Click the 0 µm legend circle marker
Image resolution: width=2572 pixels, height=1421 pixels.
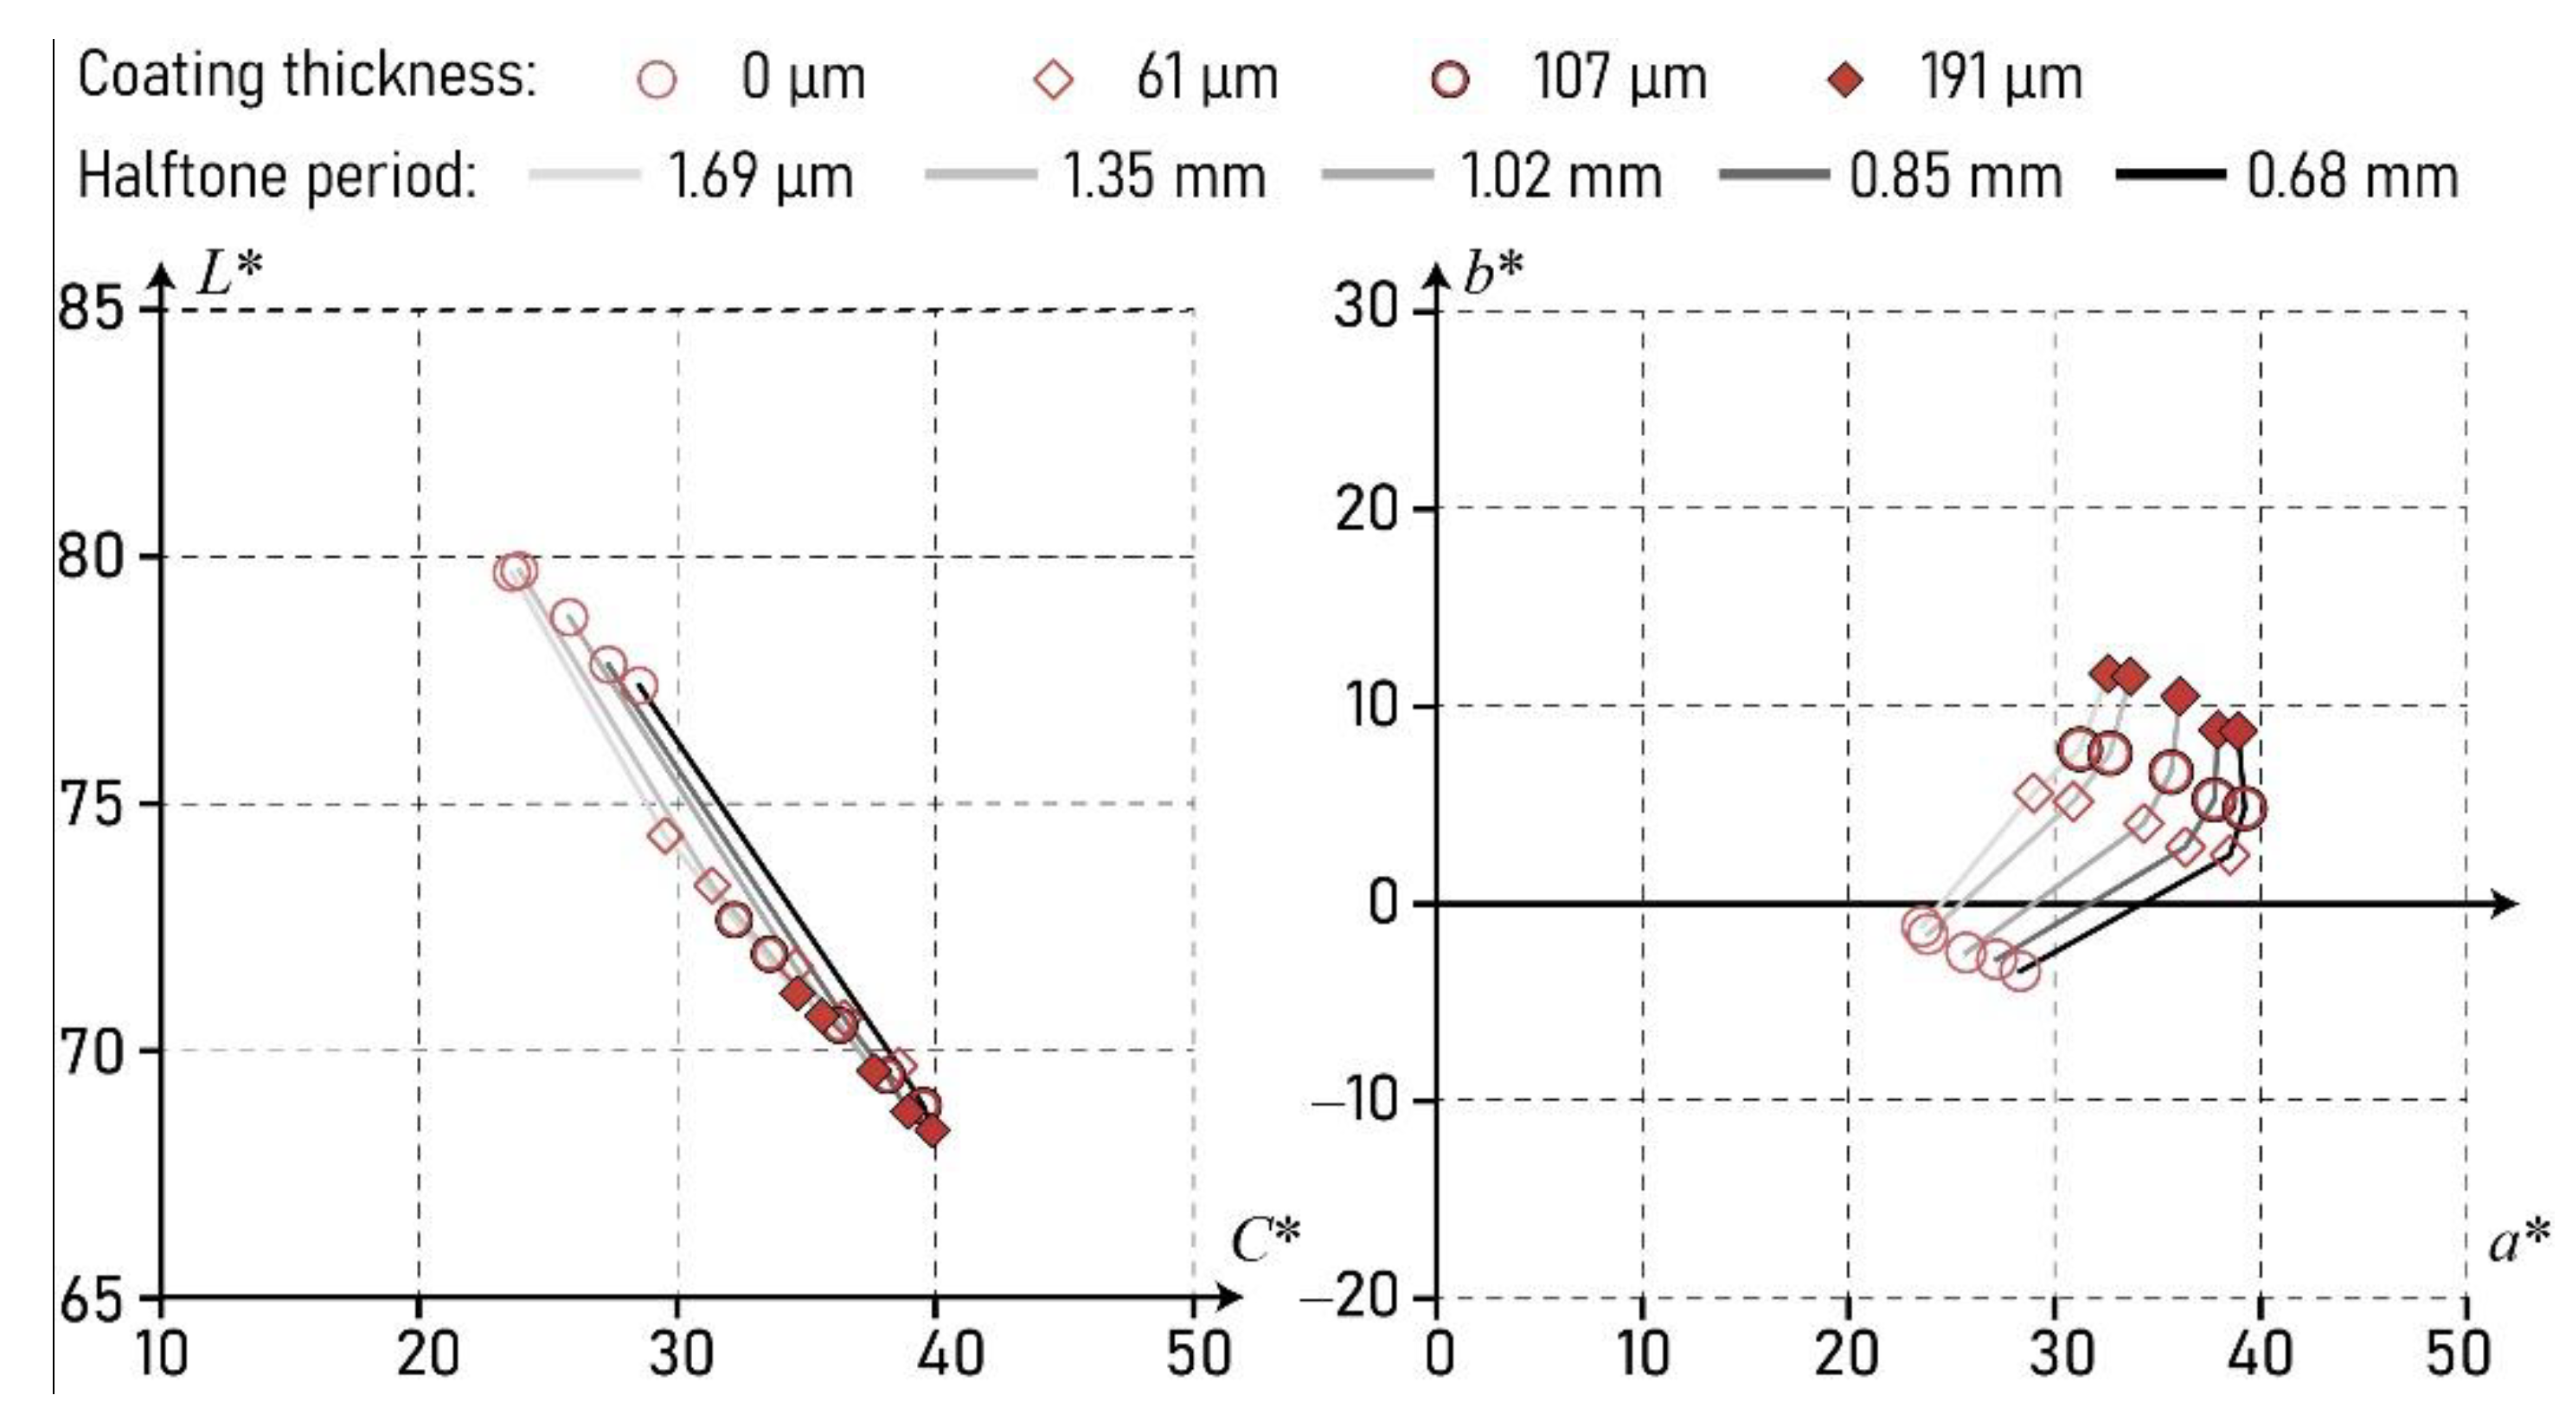(656, 79)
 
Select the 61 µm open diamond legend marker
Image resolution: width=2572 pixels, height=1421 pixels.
(1054, 79)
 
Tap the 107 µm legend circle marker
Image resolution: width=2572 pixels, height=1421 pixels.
(1450, 79)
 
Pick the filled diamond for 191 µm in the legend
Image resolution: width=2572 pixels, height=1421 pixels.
(1846, 79)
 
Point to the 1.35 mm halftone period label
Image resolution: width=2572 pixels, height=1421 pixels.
(1164, 177)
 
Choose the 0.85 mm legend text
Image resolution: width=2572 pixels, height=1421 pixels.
(1955, 177)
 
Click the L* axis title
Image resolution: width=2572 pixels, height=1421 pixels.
(229, 273)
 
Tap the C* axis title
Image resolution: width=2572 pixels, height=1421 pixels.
(1265, 1241)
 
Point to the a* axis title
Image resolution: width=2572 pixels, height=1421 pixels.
(2518, 1241)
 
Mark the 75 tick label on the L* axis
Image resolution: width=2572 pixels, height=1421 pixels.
(91, 804)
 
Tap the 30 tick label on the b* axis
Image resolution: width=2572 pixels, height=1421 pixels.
(1365, 305)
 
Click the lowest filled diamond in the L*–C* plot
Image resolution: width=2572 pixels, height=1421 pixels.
(933, 1131)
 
